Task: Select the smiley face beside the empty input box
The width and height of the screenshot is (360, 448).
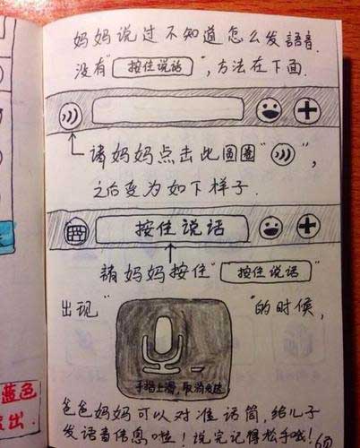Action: pyautogui.click(x=268, y=111)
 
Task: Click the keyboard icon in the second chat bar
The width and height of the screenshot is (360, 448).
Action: pyautogui.click(x=72, y=231)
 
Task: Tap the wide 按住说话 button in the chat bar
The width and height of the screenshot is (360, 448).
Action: pyautogui.click(x=170, y=228)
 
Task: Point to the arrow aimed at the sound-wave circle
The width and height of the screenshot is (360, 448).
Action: pyautogui.click(x=71, y=143)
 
